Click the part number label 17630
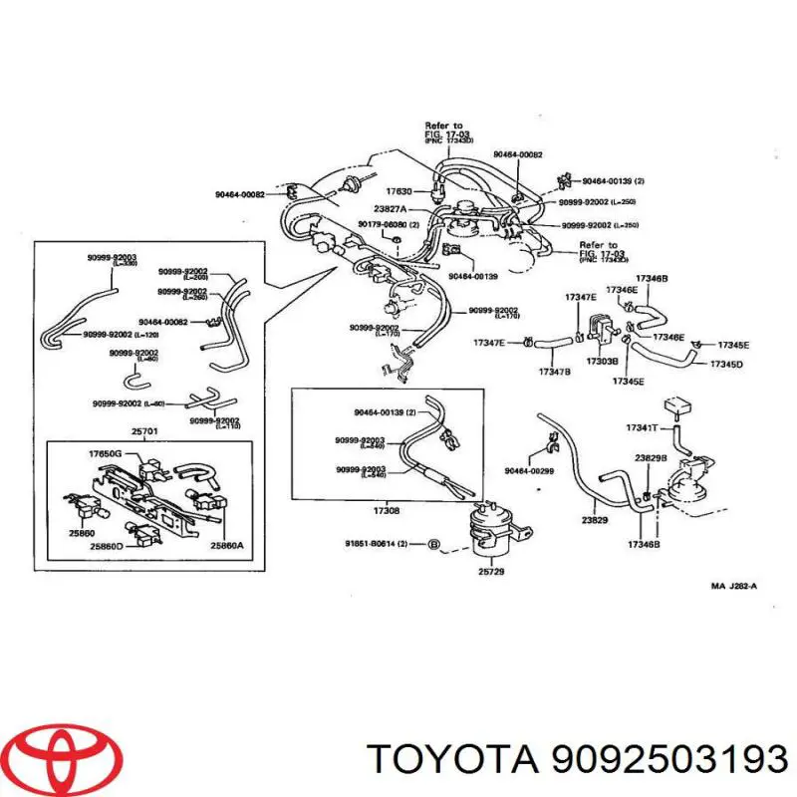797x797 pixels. click(398, 190)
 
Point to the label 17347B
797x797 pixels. click(554, 372)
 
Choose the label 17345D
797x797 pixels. click(726, 364)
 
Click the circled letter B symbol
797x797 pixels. click(433, 543)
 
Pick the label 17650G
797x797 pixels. click(104, 453)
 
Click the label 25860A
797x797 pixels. click(226, 546)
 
